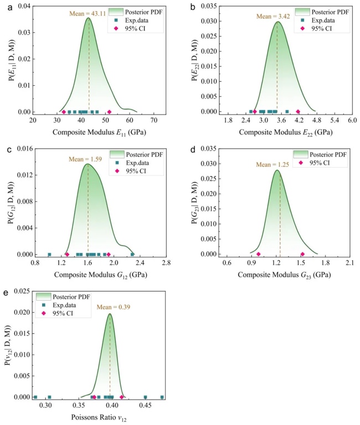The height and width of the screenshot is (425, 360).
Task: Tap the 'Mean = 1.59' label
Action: tap(85, 159)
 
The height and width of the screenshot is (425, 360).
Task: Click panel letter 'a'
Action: tap(4, 6)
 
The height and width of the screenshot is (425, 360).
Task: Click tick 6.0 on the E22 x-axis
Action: tap(352, 120)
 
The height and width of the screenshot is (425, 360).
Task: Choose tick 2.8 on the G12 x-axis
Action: tap(164, 263)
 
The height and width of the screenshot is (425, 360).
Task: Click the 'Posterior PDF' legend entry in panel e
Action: tap(74, 296)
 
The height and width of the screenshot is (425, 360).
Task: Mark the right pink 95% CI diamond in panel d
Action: tap(302, 254)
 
